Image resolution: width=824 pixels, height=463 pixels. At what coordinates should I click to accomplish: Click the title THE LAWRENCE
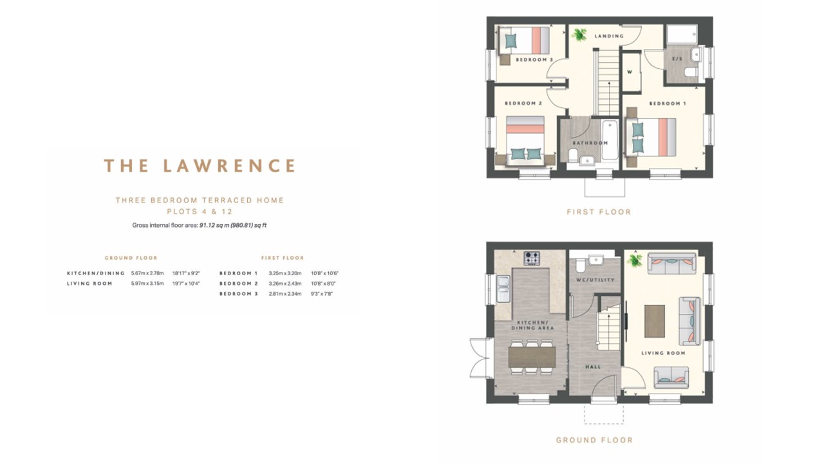click(x=200, y=166)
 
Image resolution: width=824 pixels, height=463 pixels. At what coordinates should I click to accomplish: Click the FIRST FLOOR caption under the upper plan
click(x=599, y=212)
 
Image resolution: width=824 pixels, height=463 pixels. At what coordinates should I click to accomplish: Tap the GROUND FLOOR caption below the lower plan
click(x=594, y=440)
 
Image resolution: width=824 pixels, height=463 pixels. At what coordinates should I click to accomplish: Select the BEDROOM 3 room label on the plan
click(x=534, y=60)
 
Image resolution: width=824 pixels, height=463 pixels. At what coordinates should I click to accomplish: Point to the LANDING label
click(x=609, y=36)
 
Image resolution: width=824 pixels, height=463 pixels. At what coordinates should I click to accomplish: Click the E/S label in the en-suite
click(x=677, y=59)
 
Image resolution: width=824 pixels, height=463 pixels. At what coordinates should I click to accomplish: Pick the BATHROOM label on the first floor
click(x=590, y=143)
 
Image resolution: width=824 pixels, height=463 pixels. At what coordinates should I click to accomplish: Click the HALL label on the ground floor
click(x=593, y=367)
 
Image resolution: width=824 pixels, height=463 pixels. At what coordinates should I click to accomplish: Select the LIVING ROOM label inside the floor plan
click(x=663, y=353)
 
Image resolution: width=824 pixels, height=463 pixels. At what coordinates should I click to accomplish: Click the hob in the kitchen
click(x=532, y=258)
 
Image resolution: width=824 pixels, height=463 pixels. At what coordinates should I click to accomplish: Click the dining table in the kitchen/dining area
click(x=532, y=357)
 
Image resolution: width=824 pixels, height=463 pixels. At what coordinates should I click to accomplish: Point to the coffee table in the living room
click(x=654, y=320)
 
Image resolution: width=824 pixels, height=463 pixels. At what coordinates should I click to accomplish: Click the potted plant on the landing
click(x=579, y=35)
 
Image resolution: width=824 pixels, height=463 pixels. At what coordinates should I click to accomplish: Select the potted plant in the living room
click(x=635, y=260)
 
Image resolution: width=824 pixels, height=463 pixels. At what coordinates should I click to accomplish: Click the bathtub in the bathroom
click(x=609, y=140)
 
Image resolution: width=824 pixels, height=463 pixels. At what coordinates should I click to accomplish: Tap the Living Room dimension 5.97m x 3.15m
click(x=147, y=284)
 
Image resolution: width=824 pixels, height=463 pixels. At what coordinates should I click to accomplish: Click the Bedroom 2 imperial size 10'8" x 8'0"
click(x=323, y=284)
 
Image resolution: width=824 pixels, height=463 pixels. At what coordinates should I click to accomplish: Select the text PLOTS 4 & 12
click(x=200, y=212)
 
